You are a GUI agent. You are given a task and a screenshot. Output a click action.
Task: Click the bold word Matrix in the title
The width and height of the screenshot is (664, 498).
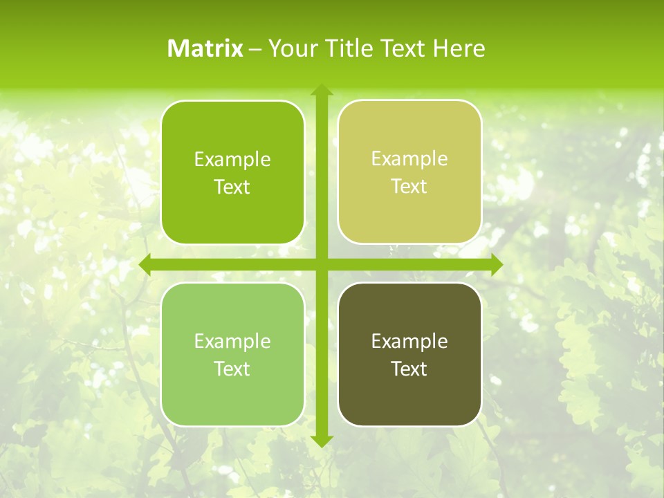205,48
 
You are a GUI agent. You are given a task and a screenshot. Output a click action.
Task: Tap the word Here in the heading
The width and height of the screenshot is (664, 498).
459,48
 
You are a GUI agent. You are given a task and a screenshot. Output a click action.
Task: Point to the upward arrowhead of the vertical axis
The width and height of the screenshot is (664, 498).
322,90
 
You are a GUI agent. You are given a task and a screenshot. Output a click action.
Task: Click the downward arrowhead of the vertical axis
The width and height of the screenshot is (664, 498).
322,441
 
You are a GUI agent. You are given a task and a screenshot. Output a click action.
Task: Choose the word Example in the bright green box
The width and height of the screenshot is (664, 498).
232,160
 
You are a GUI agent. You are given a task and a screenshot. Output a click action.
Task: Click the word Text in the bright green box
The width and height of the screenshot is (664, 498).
232,187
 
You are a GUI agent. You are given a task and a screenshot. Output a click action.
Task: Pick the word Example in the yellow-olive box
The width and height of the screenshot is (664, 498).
409,158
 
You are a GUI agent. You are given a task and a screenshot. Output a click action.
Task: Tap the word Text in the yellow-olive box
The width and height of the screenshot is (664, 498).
409,187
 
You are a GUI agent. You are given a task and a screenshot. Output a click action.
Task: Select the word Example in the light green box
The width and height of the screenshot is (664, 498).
232,341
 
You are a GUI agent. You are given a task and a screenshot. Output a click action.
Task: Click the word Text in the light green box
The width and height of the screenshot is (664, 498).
232,369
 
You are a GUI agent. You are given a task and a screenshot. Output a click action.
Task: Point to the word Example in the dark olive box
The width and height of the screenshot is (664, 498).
409,341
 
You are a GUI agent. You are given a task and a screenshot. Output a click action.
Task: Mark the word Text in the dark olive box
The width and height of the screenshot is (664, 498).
409,369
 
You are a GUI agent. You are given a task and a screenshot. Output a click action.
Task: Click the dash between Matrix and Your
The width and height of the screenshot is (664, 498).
255,49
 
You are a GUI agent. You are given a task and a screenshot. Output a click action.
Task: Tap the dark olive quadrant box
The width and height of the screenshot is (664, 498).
409,401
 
